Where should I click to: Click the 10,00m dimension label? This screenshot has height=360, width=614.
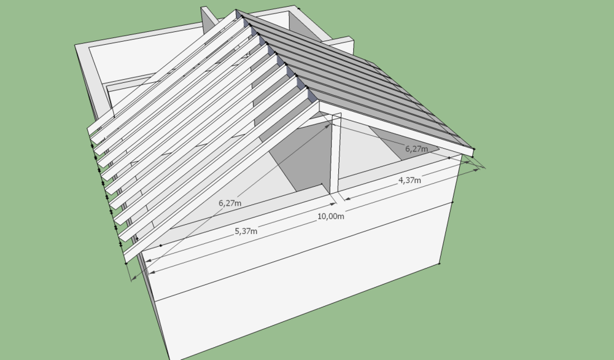pyautogui.click(x=330, y=216)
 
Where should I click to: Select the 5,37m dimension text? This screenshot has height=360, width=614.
pyautogui.click(x=246, y=231)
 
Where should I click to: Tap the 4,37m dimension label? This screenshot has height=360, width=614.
pyautogui.click(x=410, y=180)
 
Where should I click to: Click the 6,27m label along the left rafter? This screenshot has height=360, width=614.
pyautogui.click(x=230, y=203)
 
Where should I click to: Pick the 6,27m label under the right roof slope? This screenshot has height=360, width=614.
pyautogui.click(x=416, y=149)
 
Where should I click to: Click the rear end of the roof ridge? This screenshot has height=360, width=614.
pyautogui.click(x=236, y=11)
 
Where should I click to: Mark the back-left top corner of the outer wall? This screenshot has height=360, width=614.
pyautogui.click(x=76, y=45)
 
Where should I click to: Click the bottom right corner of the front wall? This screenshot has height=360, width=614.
pyautogui.click(x=441, y=264)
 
